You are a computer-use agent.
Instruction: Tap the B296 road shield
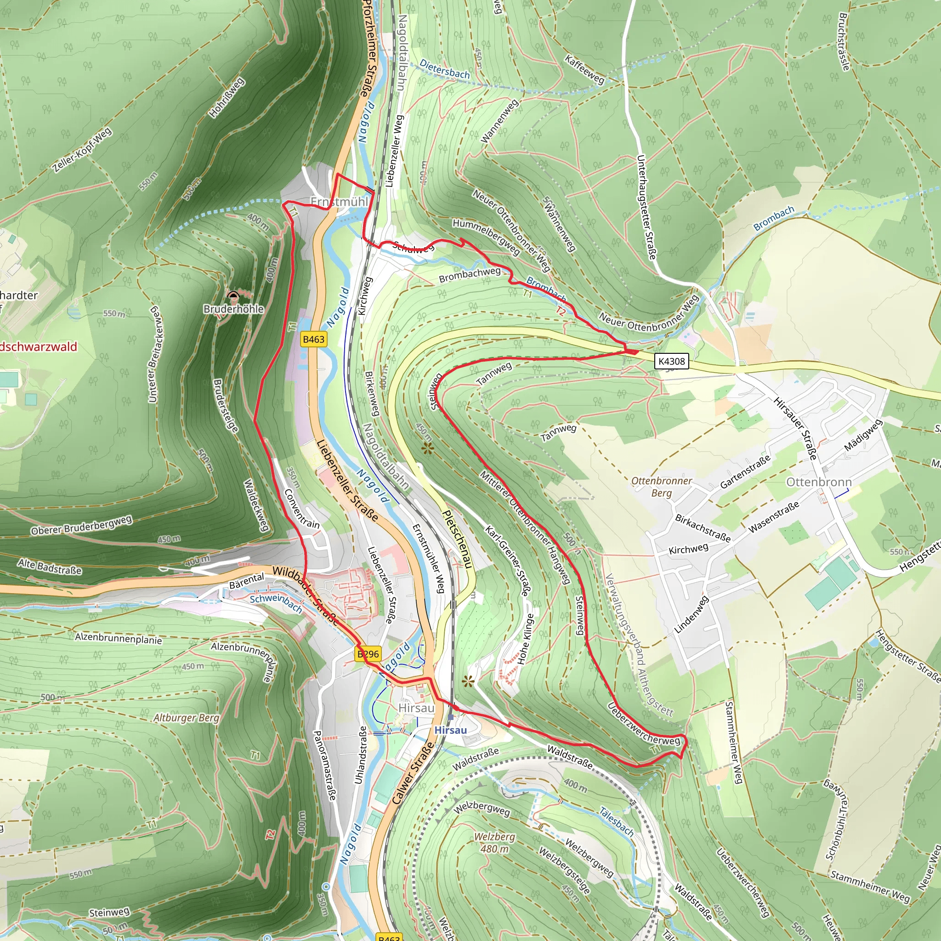(x=368, y=654)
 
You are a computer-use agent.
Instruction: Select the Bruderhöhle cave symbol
(x=233, y=295)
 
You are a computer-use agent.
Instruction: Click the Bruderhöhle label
(x=233, y=309)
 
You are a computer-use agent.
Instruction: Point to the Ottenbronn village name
(x=819, y=482)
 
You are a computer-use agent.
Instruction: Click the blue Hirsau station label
(x=451, y=730)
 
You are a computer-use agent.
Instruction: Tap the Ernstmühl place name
(x=340, y=202)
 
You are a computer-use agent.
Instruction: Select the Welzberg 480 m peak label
(x=494, y=843)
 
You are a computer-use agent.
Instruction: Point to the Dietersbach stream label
(x=444, y=69)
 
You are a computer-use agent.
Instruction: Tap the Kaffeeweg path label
(x=584, y=69)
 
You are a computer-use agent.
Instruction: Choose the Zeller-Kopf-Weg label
(x=82, y=150)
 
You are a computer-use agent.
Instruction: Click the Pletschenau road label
(x=457, y=539)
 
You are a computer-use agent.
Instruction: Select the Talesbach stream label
(x=616, y=821)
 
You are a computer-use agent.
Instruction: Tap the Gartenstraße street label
(x=745, y=471)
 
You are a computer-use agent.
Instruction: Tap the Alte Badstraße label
(x=50, y=567)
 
